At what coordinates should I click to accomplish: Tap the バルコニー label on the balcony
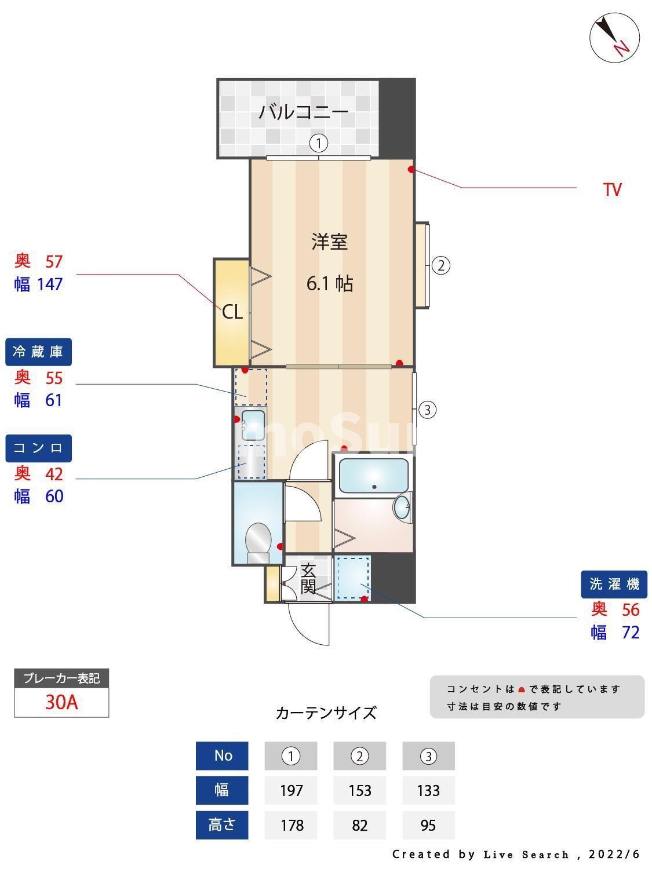point(303,111)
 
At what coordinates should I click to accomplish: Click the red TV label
point(612,189)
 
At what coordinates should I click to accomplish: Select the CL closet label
point(232,312)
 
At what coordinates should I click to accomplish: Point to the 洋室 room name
point(330,242)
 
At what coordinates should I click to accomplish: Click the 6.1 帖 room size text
point(330,283)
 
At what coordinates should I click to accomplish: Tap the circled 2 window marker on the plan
point(441,266)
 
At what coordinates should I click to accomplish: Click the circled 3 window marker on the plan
point(427,410)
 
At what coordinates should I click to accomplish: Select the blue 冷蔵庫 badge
point(38,352)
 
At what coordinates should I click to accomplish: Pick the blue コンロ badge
point(38,448)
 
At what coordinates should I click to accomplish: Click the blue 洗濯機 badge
point(614,584)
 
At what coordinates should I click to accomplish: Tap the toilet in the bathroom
point(258,541)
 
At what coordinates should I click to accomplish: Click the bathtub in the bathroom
point(373,476)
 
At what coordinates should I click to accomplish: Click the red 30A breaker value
point(61,702)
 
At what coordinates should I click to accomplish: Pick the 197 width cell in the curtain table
point(291,790)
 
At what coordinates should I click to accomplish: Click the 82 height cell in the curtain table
point(359,825)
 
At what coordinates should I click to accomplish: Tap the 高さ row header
point(222,825)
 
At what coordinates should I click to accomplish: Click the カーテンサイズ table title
point(326,713)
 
